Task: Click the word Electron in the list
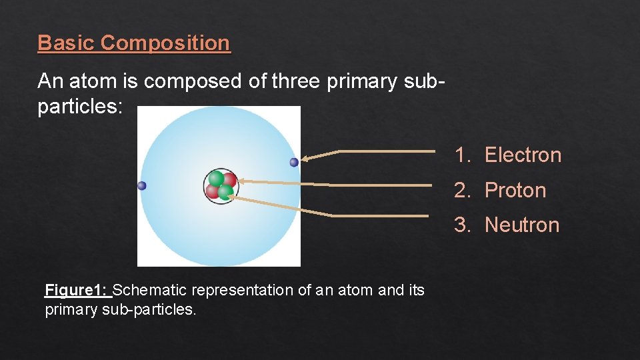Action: tap(523, 155)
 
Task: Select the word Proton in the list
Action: tap(515, 191)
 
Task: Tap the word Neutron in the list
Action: tap(521, 225)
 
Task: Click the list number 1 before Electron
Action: tap(462, 155)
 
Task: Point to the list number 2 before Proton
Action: tap(462, 191)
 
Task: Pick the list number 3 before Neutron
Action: tap(462, 225)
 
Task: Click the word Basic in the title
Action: tap(67, 43)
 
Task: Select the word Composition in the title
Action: tap(165, 43)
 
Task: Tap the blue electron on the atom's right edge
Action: tap(294, 162)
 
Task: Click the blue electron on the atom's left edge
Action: tap(141, 186)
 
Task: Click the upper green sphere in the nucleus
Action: tap(216, 179)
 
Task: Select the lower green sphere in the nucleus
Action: tap(225, 192)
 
